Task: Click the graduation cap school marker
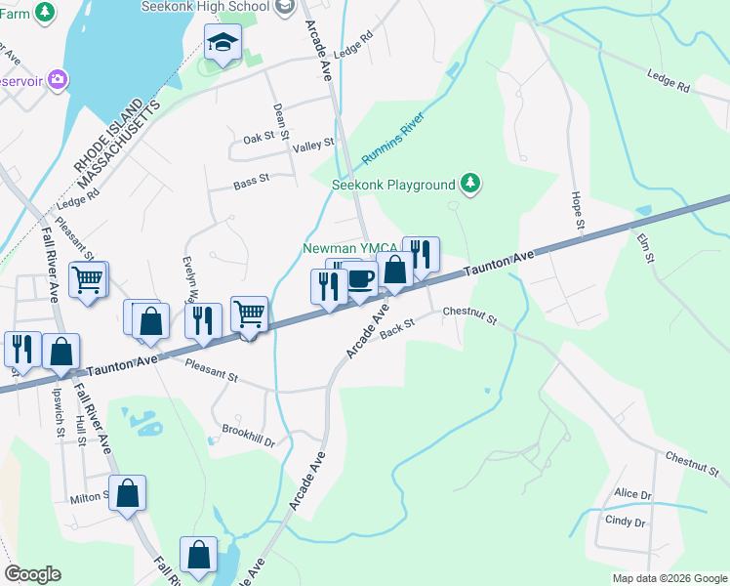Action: point(223,43)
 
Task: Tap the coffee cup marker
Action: point(360,280)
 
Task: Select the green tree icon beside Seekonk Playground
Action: point(470,184)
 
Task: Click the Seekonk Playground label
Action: point(393,185)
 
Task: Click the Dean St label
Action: point(280,122)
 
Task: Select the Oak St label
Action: point(259,139)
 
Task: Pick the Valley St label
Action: point(314,144)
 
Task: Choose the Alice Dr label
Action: point(632,494)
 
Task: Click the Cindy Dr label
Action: point(626,523)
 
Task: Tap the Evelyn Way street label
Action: point(191,281)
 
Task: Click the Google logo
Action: point(32,574)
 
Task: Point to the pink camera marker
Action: point(58,78)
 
